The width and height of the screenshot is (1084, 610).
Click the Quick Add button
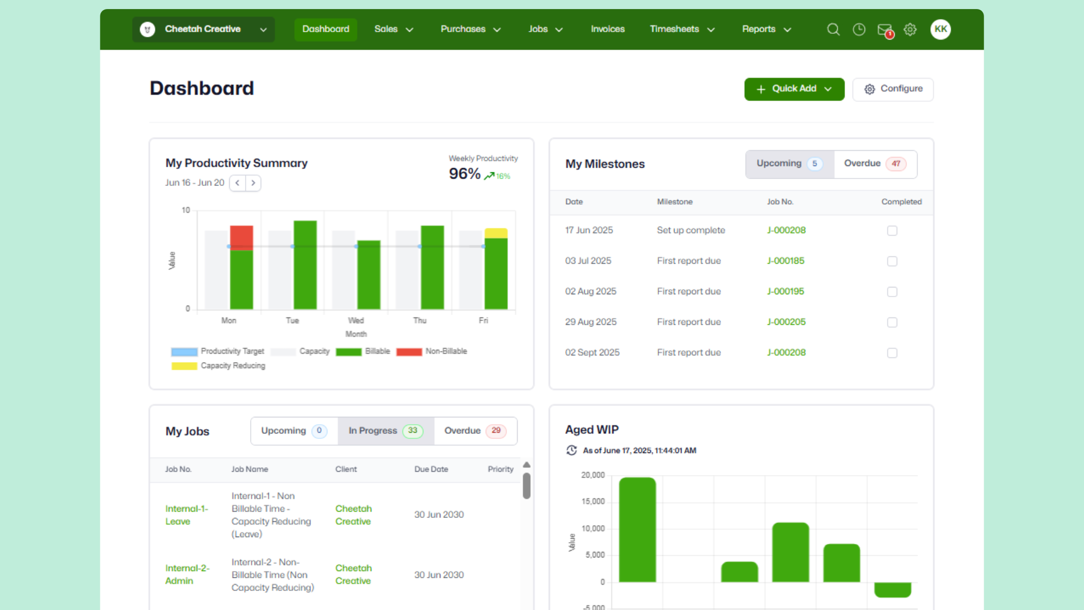coord(794,89)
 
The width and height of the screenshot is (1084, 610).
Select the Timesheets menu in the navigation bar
coord(681,29)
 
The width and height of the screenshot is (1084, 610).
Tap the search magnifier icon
coord(833,29)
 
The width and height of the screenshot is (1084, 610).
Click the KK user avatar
coord(940,29)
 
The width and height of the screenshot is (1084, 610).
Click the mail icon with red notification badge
coord(884,30)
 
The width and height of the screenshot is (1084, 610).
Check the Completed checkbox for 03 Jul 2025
coord(892,262)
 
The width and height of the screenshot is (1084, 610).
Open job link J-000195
coord(785,291)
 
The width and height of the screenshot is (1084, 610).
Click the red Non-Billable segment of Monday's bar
coord(241,237)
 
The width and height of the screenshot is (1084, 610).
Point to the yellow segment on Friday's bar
coord(496,233)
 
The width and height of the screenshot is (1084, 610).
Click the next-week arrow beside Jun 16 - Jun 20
coord(253,183)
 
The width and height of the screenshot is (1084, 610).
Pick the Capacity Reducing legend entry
coord(218,366)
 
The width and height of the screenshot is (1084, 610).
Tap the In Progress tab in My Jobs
coord(386,431)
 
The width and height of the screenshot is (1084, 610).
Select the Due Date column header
coord(431,469)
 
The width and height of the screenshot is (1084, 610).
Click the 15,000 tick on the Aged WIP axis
coord(593,502)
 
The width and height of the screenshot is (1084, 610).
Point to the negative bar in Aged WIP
coord(892,590)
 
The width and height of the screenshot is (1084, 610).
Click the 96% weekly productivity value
coord(464,174)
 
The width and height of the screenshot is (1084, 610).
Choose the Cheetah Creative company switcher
coord(203,29)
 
